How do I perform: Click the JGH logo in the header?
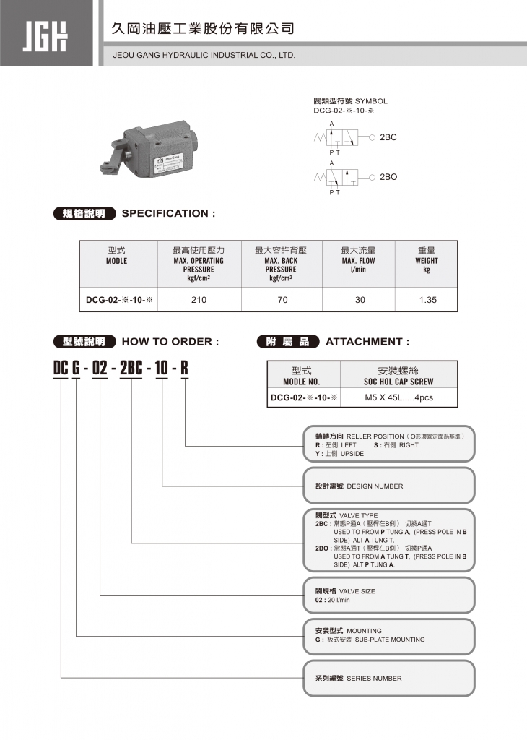[48, 34]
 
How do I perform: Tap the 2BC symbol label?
[388, 137]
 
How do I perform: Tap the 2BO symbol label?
[388, 177]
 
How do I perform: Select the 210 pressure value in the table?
[199, 299]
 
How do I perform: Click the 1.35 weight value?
[427, 299]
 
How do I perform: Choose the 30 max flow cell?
[360, 299]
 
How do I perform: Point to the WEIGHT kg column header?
[427, 260]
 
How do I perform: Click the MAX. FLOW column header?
[359, 260]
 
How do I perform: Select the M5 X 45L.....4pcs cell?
[399, 397]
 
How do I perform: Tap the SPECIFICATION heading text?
[169, 213]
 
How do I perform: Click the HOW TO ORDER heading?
[170, 342]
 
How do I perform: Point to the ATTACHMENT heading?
[367, 342]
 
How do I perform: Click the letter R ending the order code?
[184, 368]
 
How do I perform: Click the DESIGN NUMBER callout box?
[388, 486]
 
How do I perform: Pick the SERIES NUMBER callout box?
[388, 679]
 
